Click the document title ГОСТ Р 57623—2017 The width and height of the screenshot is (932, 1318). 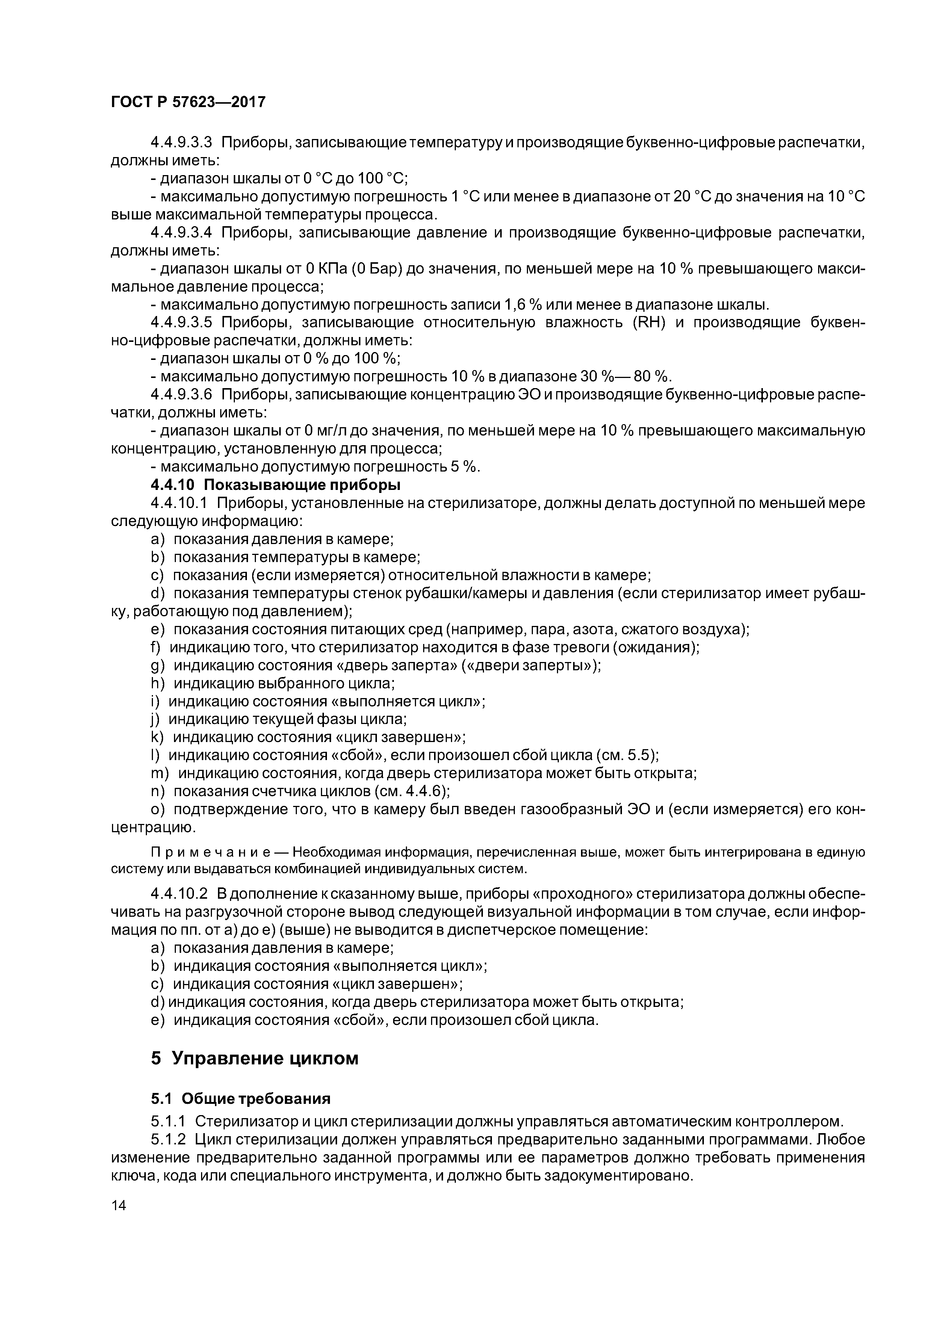tap(188, 101)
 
